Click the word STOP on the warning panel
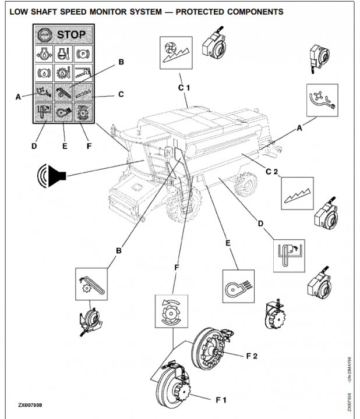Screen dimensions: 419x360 point(70,35)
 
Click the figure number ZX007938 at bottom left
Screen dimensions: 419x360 point(33,403)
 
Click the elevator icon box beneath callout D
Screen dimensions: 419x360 point(287,254)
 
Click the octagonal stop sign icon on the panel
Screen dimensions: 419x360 point(44,35)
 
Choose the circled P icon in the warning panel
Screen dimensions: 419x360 point(84,58)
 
